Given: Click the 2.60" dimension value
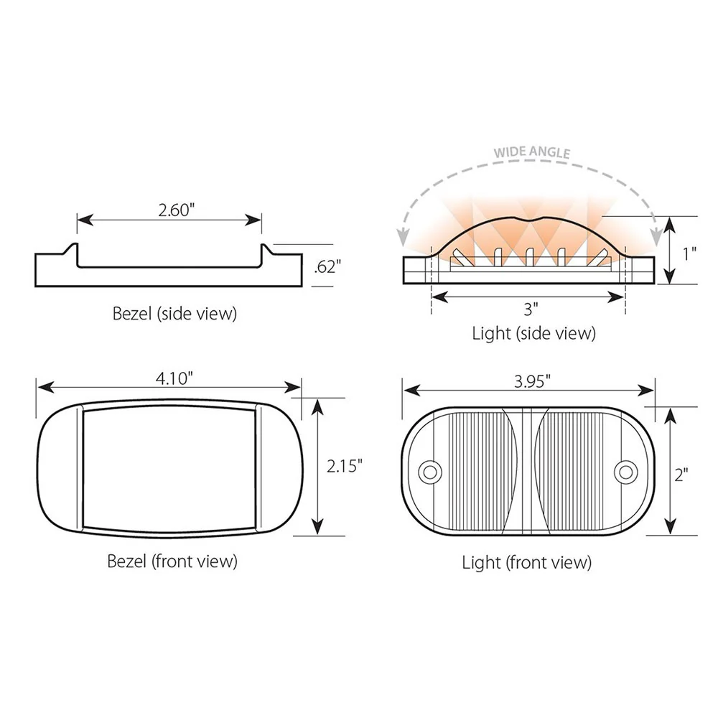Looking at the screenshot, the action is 177,210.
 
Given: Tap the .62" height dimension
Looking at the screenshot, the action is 328,266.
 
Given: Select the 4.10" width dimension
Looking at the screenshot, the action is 174,378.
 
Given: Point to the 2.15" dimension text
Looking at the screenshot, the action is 345,466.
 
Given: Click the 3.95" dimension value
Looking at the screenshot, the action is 532,381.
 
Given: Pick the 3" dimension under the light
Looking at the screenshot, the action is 531,309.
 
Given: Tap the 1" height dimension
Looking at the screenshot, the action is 689,253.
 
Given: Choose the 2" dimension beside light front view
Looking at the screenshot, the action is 681,475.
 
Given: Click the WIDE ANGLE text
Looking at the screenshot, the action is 531,152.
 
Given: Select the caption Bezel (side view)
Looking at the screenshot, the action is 174,314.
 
